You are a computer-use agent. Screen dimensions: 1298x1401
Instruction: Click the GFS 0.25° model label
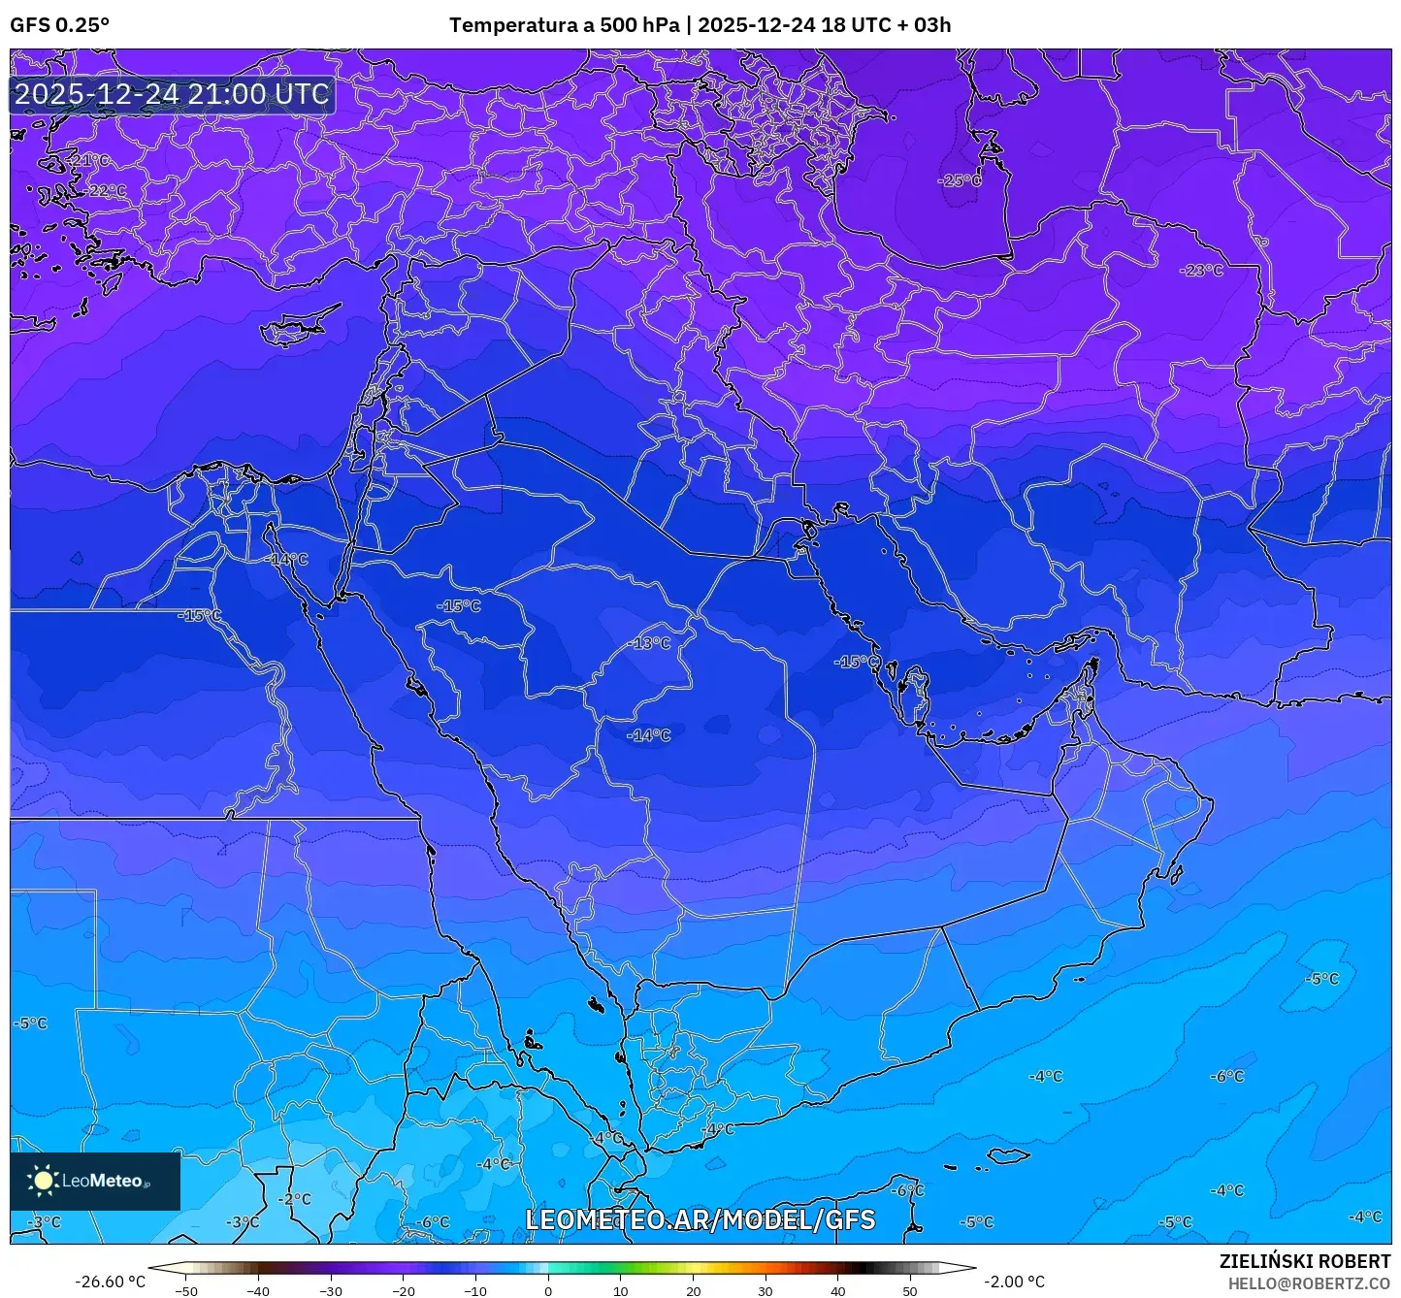pos(59,25)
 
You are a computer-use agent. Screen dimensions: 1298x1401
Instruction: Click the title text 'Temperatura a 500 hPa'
pos(564,25)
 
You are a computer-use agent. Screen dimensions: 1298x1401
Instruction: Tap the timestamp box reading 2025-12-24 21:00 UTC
pos(172,94)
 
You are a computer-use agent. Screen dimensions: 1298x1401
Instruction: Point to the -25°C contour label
pos(959,180)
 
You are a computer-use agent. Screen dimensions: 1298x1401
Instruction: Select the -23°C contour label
pos(1201,270)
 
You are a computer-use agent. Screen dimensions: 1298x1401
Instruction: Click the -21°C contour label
pos(88,160)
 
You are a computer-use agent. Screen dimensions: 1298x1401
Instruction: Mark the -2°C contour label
pos(294,1198)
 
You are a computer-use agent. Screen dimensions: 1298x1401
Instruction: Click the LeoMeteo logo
pos(94,1181)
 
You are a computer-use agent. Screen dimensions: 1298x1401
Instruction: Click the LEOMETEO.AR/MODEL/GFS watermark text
pos(700,1219)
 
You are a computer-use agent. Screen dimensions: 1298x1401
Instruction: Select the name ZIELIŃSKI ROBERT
pos(1304,1261)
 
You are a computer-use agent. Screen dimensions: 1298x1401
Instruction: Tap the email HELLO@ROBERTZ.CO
pos(1309,1282)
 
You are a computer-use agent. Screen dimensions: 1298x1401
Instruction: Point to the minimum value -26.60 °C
pos(110,1282)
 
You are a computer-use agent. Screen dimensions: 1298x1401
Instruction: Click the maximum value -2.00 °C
pos(1015,1282)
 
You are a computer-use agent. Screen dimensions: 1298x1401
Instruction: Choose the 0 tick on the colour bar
pos(548,1290)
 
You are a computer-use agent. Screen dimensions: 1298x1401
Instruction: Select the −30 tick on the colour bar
pos(331,1290)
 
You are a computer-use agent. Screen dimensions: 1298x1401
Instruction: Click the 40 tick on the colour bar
pos(837,1290)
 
